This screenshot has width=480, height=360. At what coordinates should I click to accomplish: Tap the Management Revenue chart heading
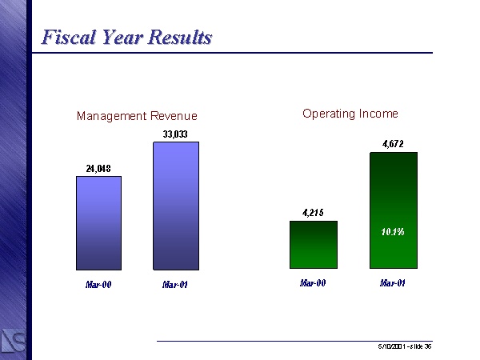click(137, 117)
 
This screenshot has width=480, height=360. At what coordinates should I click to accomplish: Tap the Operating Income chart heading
click(350, 114)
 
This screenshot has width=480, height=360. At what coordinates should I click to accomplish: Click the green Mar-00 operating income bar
click(313, 244)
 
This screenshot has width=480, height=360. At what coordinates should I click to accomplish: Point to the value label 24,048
click(98, 168)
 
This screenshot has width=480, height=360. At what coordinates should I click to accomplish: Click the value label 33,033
click(175, 134)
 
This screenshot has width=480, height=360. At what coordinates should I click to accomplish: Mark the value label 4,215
click(313, 213)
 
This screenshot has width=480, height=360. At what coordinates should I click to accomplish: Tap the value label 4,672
click(392, 144)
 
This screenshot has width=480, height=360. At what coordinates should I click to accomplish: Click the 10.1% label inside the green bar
click(392, 232)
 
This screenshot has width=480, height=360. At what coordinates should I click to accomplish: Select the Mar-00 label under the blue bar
click(98, 284)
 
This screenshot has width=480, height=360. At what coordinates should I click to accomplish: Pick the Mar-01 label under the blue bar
click(174, 284)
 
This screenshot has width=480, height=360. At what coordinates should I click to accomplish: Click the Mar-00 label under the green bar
click(313, 282)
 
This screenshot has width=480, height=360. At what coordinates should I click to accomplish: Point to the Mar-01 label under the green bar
click(392, 282)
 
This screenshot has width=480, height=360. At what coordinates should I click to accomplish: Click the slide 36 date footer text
click(405, 346)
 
